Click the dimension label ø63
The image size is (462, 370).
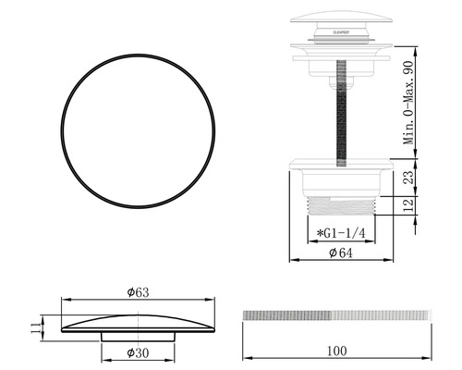tap(139, 291)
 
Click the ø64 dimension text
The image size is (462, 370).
tap(343, 253)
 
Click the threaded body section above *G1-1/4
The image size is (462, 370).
tap(343, 204)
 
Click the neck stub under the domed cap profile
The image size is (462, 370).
tap(139, 338)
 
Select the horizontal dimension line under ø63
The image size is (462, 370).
tap(139, 300)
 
